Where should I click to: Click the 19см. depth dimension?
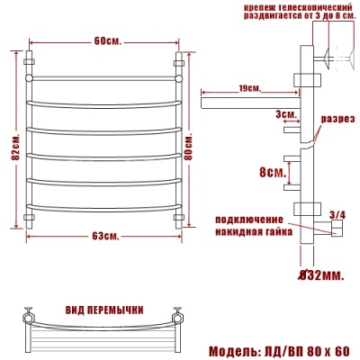pyautogui.click(x=249, y=88)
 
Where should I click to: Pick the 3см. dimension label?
pyautogui.click(x=286, y=114)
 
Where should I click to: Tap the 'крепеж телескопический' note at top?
pyautogui.click(x=292, y=13)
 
